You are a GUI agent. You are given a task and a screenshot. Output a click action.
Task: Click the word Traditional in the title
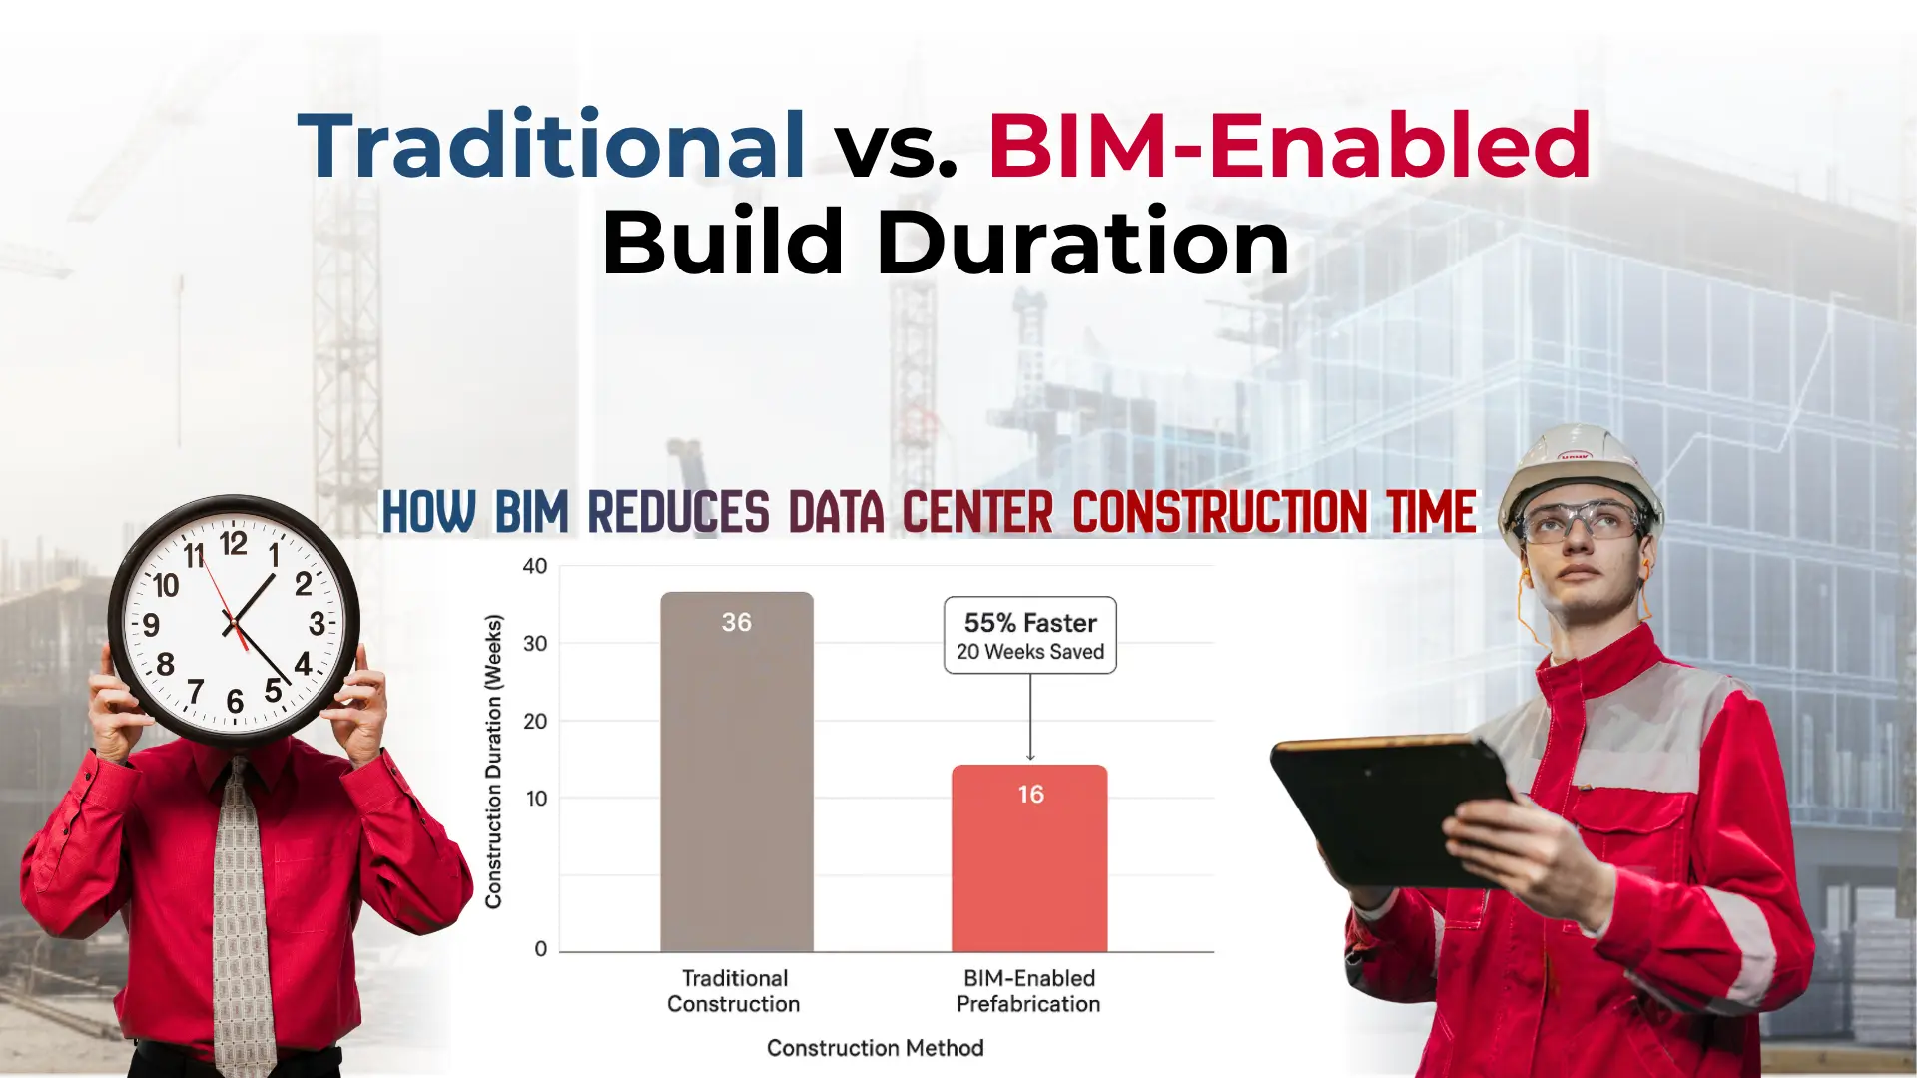coord(551,147)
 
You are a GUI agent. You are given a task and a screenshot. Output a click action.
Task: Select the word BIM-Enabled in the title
coord(1289,147)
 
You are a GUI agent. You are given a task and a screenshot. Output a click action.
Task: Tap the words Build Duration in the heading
coord(945,243)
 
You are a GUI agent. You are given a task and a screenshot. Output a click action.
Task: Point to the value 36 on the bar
coord(736,623)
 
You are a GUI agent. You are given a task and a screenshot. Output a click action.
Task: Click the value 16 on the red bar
coord(1030,795)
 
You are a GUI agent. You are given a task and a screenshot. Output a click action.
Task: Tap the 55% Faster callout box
coord(1029,636)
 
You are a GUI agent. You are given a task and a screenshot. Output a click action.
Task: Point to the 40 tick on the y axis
coord(535,567)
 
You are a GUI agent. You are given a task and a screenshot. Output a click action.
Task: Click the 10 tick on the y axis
coord(536,799)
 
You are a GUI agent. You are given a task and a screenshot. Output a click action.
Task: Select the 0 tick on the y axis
coord(540,949)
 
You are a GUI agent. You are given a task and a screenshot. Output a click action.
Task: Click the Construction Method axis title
coord(875,1048)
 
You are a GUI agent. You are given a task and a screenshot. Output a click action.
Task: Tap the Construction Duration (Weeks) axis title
coord(493,762)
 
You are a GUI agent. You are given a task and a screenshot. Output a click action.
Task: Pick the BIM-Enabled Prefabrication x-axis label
coord(1028,991)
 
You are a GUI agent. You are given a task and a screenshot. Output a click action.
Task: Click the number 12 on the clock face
coord(233,544)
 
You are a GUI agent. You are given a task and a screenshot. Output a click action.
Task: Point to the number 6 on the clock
coord(235,702)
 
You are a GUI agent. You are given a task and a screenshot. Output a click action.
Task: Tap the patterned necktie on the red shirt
coord(240,918)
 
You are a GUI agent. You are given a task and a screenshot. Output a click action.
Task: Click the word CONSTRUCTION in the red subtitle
coord(1219,513)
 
